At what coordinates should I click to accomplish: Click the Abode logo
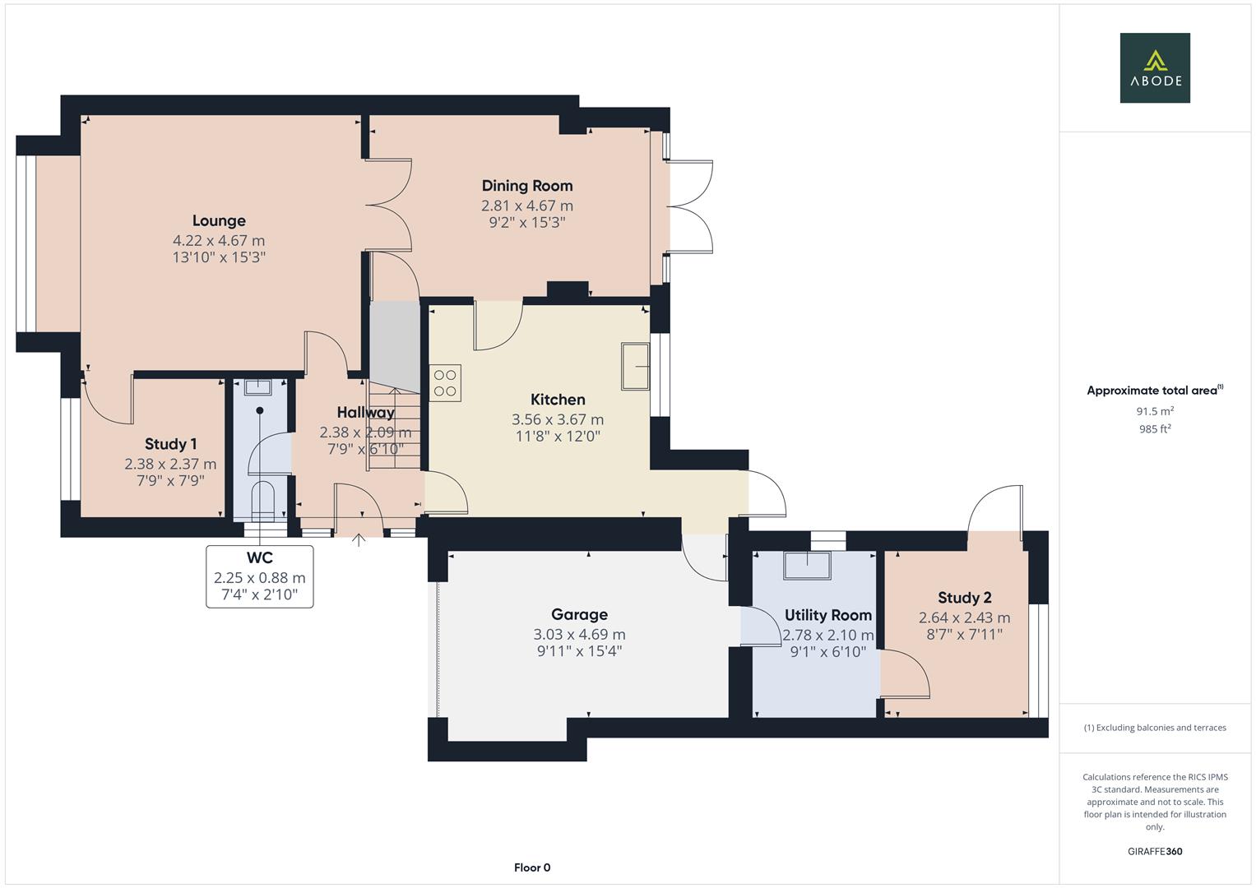(x=1154, y=67)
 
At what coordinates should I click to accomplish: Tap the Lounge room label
(x=219, y=220)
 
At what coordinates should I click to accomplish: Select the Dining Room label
(x=526, y=186)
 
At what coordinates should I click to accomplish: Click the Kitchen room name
(x=558, y=400)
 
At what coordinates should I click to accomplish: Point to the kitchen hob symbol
(x=445, y=382)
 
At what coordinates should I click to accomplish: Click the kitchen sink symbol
(x=635, y=366)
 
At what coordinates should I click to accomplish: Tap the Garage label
(x=579, y=614)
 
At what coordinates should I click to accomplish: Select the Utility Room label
(x=827, y=615)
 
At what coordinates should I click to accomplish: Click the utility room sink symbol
(x=806, y=566)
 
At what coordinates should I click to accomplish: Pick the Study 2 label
(x=964, y=598)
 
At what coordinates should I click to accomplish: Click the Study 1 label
(x=170, y=444)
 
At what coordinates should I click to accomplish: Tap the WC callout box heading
(x=259, y=558)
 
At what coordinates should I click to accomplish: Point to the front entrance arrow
(x=359, y=540)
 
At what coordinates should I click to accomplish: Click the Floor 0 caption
(x=532, y=867)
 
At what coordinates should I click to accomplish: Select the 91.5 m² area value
(x=1154, y=411)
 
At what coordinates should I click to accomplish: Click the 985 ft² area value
(x=1154, y=428)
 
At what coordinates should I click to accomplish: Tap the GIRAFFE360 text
(x=1154, y=851)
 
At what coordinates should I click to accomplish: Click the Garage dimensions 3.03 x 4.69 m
(x=579, y=635)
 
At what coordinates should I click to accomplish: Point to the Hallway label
(x=365, y=412)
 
